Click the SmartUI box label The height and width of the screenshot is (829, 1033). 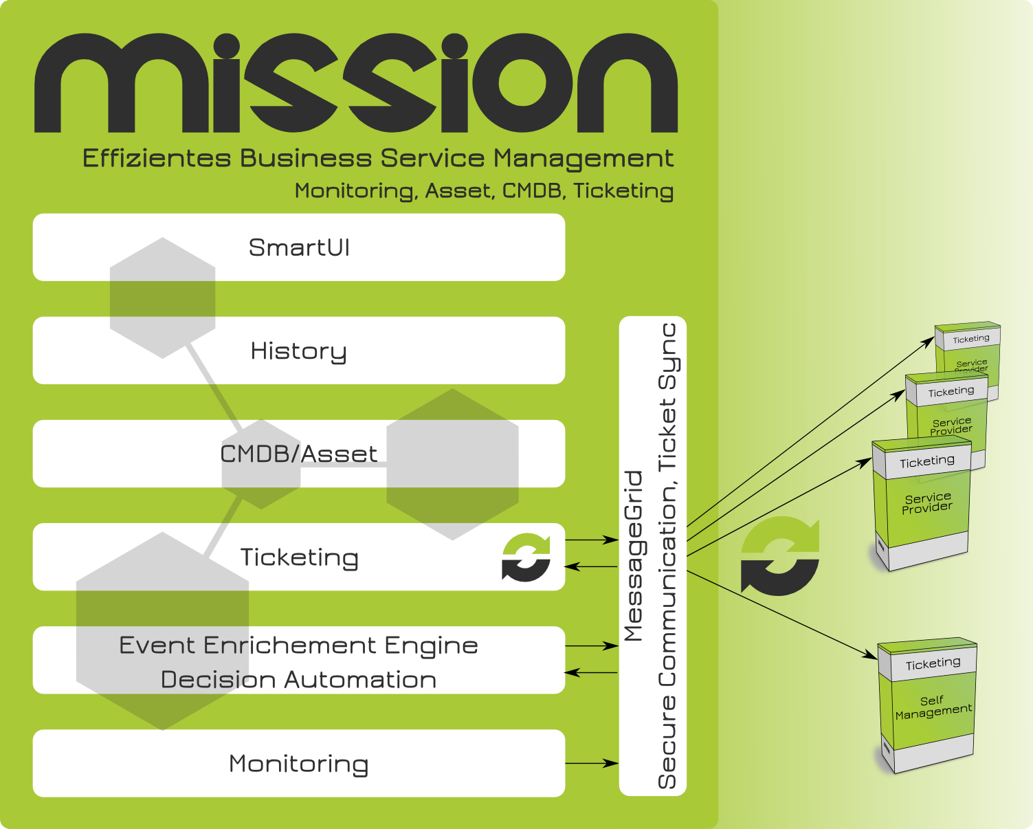(299, 247)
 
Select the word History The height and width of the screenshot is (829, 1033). (298, 351)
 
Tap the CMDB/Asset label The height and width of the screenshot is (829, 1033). (298, 454)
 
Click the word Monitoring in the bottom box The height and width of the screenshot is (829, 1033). (298, 764)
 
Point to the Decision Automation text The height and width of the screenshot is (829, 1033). (298, 680)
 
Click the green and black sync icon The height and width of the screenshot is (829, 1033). (526, 557)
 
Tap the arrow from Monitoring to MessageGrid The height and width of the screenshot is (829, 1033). (592, 763)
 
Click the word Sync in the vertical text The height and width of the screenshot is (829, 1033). (668, 356)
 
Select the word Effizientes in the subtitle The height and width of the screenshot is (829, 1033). (157, 159)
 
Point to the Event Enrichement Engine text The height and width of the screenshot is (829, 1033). (298, 645)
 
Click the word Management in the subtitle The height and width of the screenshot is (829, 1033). (584, 159)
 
